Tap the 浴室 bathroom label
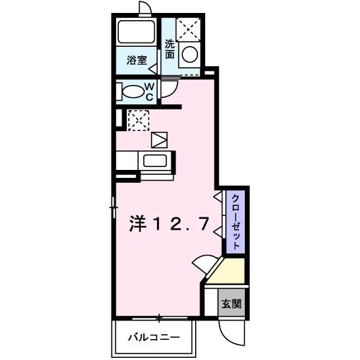pos(138,60)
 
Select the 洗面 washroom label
pos(170,48)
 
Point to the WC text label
pos(150,91)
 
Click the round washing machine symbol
pos(189,55)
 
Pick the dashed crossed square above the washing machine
pos(189,29)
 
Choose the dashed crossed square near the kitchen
pos(138,120)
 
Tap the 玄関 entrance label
pos(231,302)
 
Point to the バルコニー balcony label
pos(153,336)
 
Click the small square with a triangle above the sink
pos(159,138)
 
